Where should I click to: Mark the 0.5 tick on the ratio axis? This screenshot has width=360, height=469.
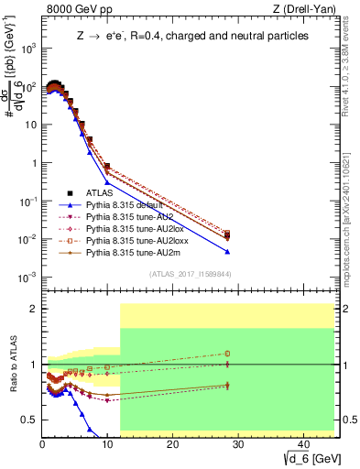tap(31, 419)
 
